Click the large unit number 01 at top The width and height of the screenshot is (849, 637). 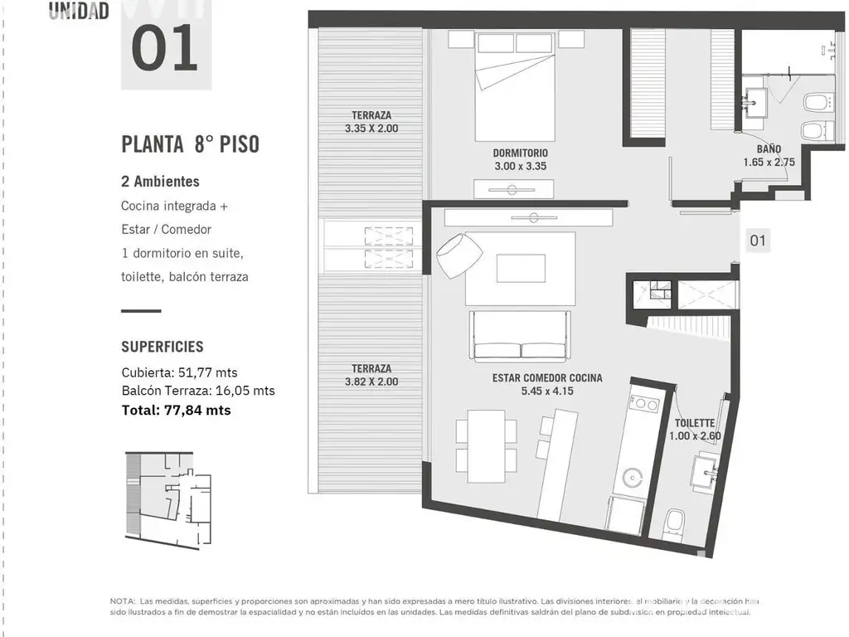pos(165,48)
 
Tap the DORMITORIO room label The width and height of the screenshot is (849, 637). pos(520,153)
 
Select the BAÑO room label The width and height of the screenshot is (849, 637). pos(769,149)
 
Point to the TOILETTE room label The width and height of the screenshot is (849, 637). pos(695,423)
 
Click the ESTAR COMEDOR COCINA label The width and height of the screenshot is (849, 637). pos(547,378)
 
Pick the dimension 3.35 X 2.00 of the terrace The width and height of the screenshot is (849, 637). pos(371,129)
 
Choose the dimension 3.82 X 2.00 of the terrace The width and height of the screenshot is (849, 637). pos(371,382)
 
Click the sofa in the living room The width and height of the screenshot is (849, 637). pos(520,336)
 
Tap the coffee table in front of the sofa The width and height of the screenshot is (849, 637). pos(521,269)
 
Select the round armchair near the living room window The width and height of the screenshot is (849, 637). pos(459,255)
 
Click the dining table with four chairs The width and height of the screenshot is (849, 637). pos(486,446)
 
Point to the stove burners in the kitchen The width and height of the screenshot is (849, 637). pos(643,404)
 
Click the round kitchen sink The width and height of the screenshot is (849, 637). pos(631,478)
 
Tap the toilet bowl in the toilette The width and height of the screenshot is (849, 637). pos(674,523)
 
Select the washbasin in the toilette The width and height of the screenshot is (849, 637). pos(705,473)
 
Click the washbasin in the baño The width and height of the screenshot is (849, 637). pos(754,102)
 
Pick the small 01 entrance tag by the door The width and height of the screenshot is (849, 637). pos(758,241)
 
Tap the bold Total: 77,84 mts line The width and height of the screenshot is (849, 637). pos(176,411)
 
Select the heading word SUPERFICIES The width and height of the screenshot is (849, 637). pos(163,347)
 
